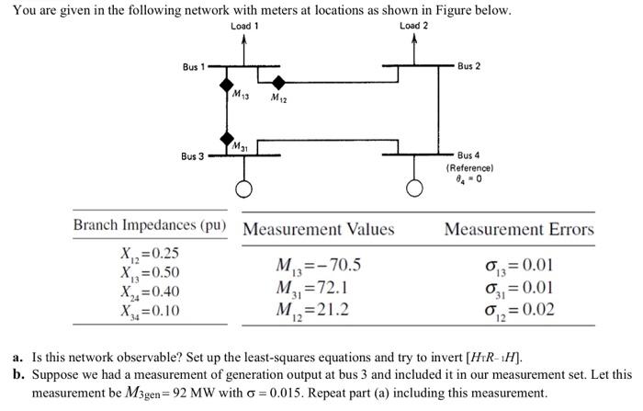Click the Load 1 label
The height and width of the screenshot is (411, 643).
pyautogui.click(x=244, y=26)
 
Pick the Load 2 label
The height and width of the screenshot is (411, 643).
pyautogui.click(x=414, y=26)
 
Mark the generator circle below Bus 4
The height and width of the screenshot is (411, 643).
pyautogui.click(x=414, y=189)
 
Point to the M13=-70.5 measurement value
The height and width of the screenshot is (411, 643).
pyautogui.click(x=318, y=266)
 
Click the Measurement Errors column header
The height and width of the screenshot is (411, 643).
pyautogui.click(x=519, y=229)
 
